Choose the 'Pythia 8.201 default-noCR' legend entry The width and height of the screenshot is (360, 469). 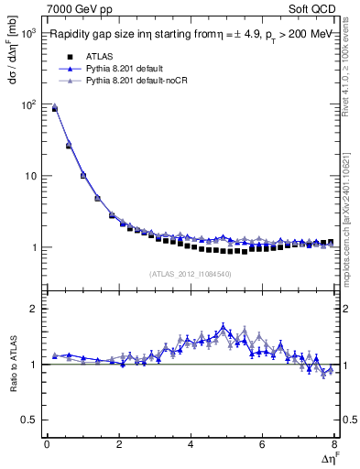click(136, 82)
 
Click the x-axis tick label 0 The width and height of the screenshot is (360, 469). click(47, 444)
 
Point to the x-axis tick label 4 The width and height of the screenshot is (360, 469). click(190, 444)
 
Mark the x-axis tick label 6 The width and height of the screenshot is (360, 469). click(262, 444)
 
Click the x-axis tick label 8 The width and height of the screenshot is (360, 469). click(333, 444)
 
